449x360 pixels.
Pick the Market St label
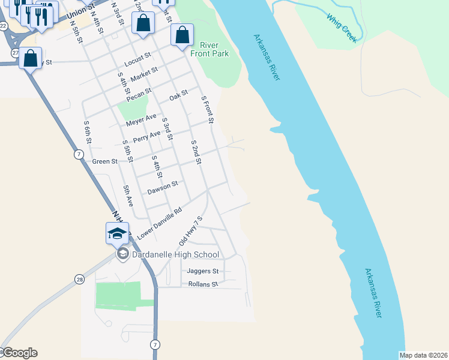[143, 74]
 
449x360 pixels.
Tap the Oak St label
[178, 95]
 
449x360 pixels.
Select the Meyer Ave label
[141, 120]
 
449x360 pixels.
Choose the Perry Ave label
[147, 136]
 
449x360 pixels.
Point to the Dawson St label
[163, 188]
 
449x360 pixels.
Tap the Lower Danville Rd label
[159, 223]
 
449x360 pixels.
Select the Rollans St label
[202, 284]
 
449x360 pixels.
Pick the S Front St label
[207, 110]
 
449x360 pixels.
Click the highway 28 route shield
[79, 278]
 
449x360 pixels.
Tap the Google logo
[19, 353]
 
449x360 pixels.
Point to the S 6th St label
[88, 133]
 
